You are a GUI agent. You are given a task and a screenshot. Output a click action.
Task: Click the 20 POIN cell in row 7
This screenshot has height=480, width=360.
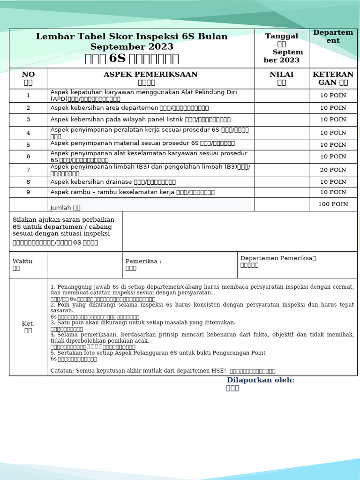point(333,170)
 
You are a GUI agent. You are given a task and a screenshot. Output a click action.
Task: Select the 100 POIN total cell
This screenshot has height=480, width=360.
point(333,204)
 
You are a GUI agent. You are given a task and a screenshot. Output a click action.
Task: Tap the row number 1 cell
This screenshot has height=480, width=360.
point(28,95)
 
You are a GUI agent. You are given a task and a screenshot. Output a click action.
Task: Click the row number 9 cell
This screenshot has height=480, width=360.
point(28,192)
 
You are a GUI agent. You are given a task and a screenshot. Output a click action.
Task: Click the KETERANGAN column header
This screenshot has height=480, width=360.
point(333,78)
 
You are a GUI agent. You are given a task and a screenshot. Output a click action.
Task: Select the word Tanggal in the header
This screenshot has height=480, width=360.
point(281,36)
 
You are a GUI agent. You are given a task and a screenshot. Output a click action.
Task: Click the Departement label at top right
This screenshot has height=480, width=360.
point(333,36)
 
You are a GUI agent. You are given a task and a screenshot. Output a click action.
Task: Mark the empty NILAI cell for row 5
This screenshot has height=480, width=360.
point(281,144)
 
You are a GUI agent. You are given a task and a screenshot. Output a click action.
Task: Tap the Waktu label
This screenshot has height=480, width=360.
point(22,261)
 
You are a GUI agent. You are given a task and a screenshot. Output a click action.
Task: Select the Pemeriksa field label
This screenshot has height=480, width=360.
point(143,261)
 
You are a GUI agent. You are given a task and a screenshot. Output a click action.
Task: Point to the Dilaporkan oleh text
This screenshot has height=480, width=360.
point(261,380)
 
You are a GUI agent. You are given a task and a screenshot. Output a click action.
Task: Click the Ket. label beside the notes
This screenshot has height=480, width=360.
point(28,323)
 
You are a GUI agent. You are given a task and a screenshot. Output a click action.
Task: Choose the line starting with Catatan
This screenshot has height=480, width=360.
point(163,371)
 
